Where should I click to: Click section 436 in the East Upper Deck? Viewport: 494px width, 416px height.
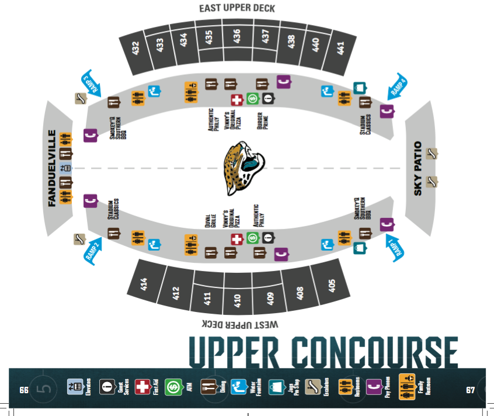[236, 37]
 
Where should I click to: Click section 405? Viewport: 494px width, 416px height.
[332, 285]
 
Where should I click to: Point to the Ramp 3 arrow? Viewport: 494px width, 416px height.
[91, 84]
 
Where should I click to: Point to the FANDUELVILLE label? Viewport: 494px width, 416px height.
[51, 168]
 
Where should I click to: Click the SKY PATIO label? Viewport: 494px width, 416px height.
[418, 168]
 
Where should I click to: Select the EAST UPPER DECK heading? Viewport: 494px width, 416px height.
[236, 8]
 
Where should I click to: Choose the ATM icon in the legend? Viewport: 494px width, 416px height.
[173, 387]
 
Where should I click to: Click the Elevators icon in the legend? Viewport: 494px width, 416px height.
[75, 387]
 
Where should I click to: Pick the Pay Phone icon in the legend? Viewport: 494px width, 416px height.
[373, 387]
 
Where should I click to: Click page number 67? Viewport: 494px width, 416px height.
[470, 389]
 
